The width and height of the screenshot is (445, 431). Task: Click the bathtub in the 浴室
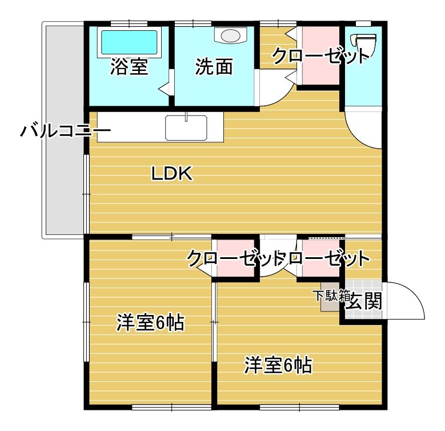pos(129,42)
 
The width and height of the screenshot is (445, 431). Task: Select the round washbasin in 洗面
pos(230,35)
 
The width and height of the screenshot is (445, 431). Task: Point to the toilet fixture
pos(364,43)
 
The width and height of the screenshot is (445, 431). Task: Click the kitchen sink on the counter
pos(186,127)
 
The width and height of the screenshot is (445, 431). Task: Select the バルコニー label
pos(65,132)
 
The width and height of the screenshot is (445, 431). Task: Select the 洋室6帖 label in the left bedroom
pos(150,323)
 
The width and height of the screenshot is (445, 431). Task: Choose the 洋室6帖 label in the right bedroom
pos(278,364)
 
